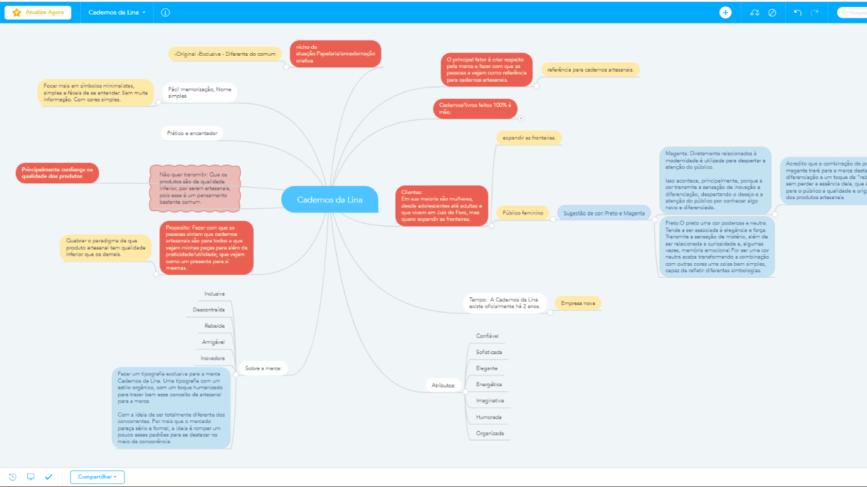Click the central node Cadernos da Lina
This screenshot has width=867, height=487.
coord(329,200)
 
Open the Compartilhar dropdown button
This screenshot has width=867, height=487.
coord(97,476)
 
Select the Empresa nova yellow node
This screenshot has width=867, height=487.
coord(578,304)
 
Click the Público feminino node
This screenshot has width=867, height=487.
coord(522,214)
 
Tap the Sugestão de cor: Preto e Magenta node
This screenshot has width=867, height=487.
coord(604,214)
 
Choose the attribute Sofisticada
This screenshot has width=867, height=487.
coord(489,352)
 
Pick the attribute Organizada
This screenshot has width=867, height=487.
coord(489,434)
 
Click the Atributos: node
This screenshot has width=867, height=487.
coord(443,385)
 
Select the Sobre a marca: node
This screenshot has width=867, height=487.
coord(263,368)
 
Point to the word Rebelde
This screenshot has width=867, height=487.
coord(215,326)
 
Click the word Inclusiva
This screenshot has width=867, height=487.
coord(214,294)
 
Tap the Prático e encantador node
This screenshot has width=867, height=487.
coord(192,134)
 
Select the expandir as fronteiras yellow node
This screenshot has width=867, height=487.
coord(529,138)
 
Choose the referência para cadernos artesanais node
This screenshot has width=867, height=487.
coord(590,69)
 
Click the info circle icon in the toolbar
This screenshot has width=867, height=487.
coord(166,13)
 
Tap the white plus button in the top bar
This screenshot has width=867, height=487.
coord(725,13)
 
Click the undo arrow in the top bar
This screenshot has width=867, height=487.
coord(798,13)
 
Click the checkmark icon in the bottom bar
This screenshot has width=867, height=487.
coord(48,477)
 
